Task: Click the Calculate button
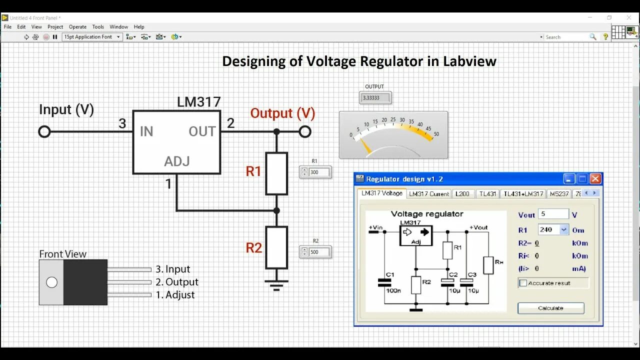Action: coord(550,308)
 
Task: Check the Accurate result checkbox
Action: coord(523,283)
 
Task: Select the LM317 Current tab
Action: coord(429,193)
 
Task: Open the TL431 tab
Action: coord(487,193)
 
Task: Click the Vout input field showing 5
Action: coord(553,214)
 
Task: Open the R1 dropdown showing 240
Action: coord(564,229)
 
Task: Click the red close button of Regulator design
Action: coord(595,179)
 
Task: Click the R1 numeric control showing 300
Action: coord(319,172)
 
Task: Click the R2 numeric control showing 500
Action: coord(319,252)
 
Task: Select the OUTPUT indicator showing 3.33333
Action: coord(375,98)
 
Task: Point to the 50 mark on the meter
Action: coord(436,134)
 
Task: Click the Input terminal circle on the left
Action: coord(44,131)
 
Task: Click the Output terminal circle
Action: coord(305,131)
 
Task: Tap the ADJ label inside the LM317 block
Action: coord(177,161)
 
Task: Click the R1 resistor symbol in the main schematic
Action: coord(276,173)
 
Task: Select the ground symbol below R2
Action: coord(276,285)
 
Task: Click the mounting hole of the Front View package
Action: coord(51,282)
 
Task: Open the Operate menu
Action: coord(77,27)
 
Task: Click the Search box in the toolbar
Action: coord(567,37)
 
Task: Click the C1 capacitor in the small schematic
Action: coord(384,282)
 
